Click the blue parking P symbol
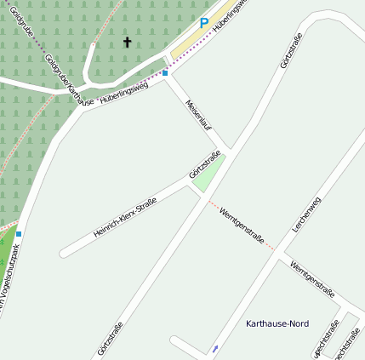pyautogui.click(x=203, y=24)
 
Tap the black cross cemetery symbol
pyautogui.click(x=128, y=42)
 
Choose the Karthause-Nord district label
pyautogui.click(x=277, y=324)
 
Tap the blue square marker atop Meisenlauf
pyautogui.click(x=165, y=73)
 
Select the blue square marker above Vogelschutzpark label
pyautogui.click(x=19, y=233)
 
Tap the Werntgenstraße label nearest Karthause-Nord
pyautogui.click(x=311, y=277)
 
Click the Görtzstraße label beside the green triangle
pyautogui.click(x=204, y=164)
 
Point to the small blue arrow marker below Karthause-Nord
pyautogui.click(x=214, y=348)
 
